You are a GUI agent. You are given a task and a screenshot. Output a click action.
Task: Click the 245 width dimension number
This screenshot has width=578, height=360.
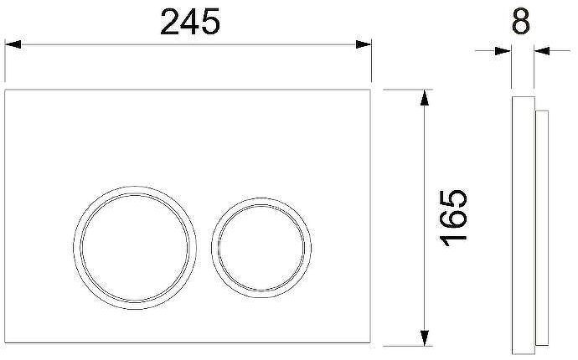click(x=190, y=22)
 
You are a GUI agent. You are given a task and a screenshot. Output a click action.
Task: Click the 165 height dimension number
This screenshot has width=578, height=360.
click(x=454, y=218)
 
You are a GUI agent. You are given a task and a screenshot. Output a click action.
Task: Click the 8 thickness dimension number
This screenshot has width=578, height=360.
click(x=521, y=22)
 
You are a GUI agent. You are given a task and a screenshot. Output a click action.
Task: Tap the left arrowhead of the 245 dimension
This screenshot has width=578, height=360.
click(x=13, y=44)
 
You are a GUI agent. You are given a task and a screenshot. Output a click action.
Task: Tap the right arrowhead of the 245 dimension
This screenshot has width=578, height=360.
click(x=363, y=44)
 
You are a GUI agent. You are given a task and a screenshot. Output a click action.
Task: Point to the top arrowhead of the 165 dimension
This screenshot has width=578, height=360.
click(x=425, y=98)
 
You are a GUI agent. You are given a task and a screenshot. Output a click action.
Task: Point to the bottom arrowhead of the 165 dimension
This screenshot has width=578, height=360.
click(x=425, y=338)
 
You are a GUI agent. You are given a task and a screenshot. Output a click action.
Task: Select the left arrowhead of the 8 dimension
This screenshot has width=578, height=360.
click(x=503, y=51)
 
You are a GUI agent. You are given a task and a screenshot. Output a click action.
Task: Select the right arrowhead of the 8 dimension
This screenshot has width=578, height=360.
click(x=542, y=51)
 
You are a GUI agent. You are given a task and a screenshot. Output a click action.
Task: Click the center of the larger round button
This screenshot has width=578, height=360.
click(x=135, y=248)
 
